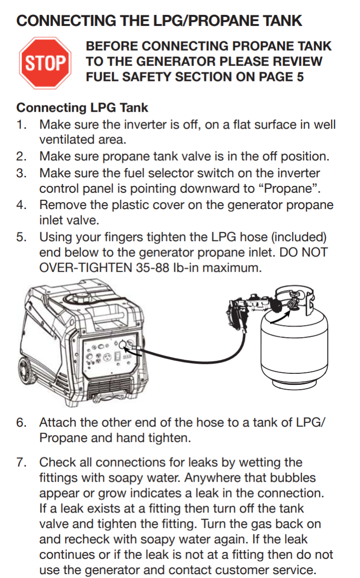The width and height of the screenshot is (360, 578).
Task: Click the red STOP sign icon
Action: click(x=45, y=63)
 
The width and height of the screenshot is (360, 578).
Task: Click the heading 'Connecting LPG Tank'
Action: click(x=82, y=107)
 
